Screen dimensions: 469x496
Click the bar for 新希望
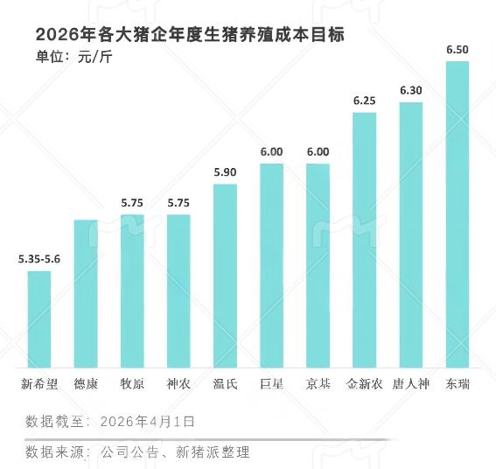point(39,319)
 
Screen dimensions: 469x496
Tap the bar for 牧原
point(132,290)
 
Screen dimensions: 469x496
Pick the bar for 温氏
point(225,276)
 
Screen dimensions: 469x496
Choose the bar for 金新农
point(364,240)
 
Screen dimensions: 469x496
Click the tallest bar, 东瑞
point(457,214)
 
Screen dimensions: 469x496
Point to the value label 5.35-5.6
point(38,259)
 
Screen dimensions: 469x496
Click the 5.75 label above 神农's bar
point(178,202)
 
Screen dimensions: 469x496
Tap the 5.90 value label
point(225,171)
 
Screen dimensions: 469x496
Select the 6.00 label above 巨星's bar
point(271,151)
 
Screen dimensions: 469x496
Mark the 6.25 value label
point(364,101)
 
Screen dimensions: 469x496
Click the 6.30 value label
point(410,90)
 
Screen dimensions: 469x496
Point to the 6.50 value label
point(457,50)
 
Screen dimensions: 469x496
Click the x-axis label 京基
point(318,383)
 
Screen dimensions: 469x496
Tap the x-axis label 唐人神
point(410,383)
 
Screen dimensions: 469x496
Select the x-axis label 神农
point(178,383)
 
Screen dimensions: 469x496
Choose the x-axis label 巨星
point(271,383)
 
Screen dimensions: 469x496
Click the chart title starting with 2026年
point(190,35)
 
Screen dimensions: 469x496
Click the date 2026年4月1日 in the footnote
point(147,422)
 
